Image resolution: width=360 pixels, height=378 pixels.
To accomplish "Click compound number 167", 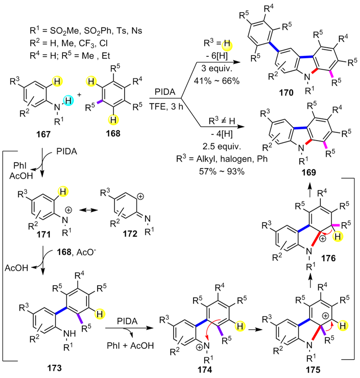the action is pos(43,134).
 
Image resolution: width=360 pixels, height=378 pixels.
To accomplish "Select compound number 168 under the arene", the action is pos(113,133).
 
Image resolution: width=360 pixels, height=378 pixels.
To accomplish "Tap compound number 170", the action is pos(286,92).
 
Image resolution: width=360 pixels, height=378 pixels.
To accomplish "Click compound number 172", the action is pos(130,233).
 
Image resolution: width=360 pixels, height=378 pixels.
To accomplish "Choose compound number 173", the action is pos(54,368).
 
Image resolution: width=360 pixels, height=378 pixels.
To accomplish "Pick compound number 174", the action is pos(204,369).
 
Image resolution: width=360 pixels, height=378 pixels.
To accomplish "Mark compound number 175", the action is pos(313,369).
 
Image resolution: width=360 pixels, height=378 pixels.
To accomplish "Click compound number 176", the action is pos(328,259).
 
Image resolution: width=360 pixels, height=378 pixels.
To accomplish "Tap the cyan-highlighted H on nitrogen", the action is pos(68,100).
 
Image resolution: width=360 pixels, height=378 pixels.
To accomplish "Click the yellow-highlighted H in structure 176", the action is pos(337,237).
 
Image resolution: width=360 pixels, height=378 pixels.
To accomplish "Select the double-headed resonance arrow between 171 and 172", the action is pos(89,210).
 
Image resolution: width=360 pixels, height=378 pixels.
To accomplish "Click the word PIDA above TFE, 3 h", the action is pos(165,92).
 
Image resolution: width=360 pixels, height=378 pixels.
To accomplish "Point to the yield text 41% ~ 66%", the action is pos(217,81).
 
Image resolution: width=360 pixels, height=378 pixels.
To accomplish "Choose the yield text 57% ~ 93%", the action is pos(222,171).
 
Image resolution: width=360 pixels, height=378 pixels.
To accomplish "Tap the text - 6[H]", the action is pos(217,56).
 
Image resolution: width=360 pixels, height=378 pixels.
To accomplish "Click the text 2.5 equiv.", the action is pos(222,146).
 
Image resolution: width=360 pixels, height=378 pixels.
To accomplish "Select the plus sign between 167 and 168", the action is pos(79,95).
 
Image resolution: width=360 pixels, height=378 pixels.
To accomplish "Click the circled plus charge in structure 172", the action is pos(140,196).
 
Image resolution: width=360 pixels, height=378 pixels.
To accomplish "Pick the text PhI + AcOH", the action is pos(130,346).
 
